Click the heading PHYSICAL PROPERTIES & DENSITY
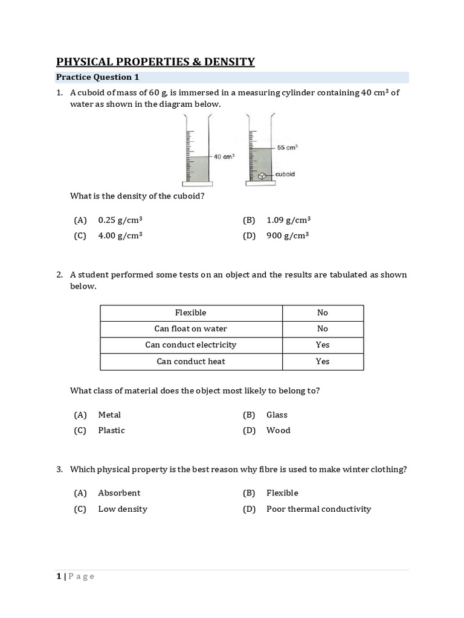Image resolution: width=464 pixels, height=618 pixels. click(155, 62)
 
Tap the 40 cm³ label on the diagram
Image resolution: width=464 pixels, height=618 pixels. click(224, 156)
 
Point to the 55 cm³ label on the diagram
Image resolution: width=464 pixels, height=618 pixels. click(288, 147)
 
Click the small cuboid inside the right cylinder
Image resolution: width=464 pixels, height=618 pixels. click(262, 176)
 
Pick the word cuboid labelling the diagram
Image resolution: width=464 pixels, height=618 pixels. click(285, 174)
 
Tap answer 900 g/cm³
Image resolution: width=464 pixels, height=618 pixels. click(288, 236)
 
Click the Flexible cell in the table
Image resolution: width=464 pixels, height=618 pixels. click(191, 313)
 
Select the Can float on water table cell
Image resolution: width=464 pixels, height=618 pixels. click(191, 329)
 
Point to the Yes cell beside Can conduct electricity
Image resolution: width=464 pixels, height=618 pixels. click(323, 345)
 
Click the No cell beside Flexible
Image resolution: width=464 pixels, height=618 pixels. click(323, 313)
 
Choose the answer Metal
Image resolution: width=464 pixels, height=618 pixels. click(109, 415)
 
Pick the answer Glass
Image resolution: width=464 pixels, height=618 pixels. click(277, 415)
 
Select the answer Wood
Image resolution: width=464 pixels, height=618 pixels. click(278, 430)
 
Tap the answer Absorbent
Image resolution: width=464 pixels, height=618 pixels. click(119, 493)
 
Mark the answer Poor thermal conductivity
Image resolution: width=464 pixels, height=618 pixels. click(318, 509)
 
